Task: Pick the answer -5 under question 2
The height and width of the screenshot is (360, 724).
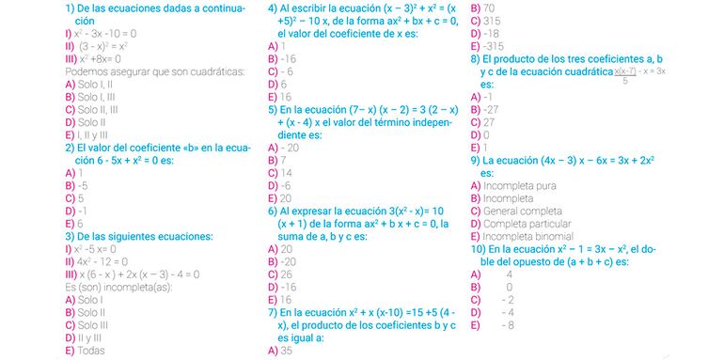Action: pos(82,186)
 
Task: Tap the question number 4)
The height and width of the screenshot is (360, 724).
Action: pos(273,7)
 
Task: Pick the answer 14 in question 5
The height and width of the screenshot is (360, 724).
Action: pos(287,173)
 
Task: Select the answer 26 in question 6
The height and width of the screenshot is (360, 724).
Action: pos(288,274)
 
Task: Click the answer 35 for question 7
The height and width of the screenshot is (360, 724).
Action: pos(287,351)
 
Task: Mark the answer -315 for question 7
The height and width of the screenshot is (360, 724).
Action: pos(492,45)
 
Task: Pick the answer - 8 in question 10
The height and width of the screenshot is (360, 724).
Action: pos(509,325)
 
